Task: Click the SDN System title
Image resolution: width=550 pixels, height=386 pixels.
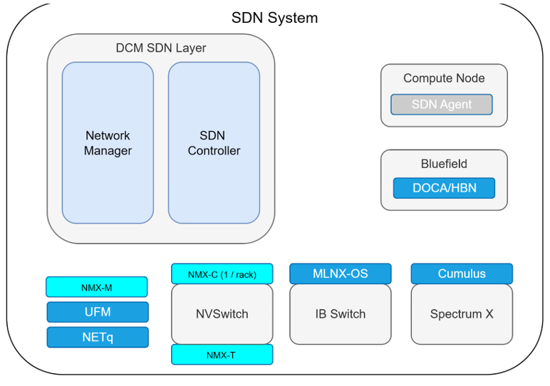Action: (274, 18)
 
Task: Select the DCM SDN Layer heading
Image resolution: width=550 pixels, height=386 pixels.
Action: (161, 48)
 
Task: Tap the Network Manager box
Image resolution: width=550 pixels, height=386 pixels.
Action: (108, 142)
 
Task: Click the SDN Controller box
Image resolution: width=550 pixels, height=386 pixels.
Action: (214, 142)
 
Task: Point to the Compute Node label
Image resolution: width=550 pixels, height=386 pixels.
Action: (444, 78)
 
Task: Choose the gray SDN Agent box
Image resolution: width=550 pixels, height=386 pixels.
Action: (442, 105)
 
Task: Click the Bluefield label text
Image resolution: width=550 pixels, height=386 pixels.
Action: (444, 164)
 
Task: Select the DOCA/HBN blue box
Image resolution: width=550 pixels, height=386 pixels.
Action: (444, 188)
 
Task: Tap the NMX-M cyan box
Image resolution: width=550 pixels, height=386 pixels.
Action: (96, 287)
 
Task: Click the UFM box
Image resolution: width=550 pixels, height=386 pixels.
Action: (98, 312)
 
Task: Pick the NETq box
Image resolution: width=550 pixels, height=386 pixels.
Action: (98, 337)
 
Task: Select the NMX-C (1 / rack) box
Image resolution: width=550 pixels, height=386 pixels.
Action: (222, 274)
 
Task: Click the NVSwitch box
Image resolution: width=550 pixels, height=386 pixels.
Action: (222, 314)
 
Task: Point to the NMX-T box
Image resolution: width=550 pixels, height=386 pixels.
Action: (222, 355)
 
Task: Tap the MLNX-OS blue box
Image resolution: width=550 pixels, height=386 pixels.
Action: (340, 273)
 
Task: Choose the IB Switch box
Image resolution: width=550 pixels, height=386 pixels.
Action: (340, 314)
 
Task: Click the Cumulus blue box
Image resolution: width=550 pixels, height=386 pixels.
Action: (462, 273)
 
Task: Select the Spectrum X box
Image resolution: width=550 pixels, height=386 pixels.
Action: (462, 314)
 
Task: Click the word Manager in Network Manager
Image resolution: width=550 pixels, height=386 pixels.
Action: (108, 151)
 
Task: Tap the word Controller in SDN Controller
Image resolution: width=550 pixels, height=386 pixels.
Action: (214, 151)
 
